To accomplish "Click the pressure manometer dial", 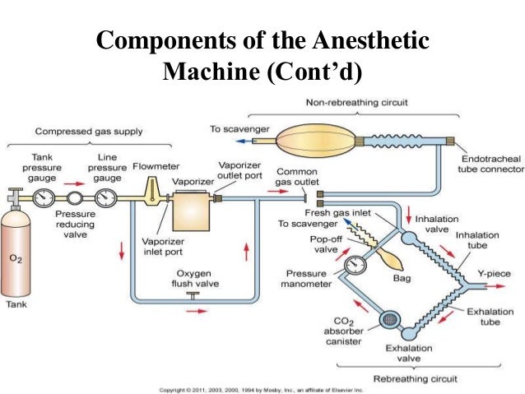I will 355,266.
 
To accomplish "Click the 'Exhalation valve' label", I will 408,353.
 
